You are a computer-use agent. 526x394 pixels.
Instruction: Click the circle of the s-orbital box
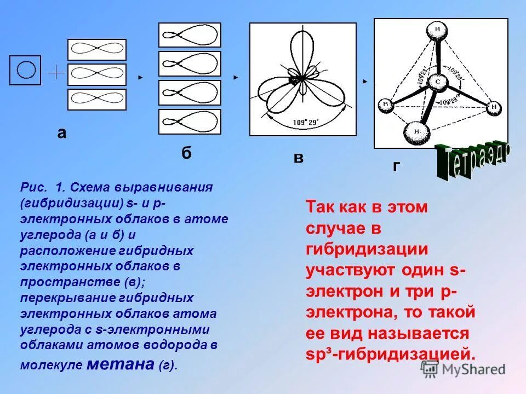[x=25, y=70]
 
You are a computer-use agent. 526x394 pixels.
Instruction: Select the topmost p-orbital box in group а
[x=96, y=49]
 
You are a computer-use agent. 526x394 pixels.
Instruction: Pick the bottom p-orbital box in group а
[x=96, y=99]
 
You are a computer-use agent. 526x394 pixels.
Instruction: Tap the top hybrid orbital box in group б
[x=190, y=35]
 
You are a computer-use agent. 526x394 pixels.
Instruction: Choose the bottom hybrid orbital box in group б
[x=190, y=121]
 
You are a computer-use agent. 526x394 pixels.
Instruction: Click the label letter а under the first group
[x=62, y=134]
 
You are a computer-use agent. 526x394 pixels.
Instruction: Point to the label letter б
[x=186, y=153]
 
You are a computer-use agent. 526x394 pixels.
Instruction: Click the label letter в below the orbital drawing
[x=298, y=159]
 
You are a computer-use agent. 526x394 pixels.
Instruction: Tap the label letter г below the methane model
[x=396, y=166]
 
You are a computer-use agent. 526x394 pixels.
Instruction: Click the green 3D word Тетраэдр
[x=472, y=161]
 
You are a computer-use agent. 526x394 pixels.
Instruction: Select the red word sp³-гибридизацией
[x=390, y=353]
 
